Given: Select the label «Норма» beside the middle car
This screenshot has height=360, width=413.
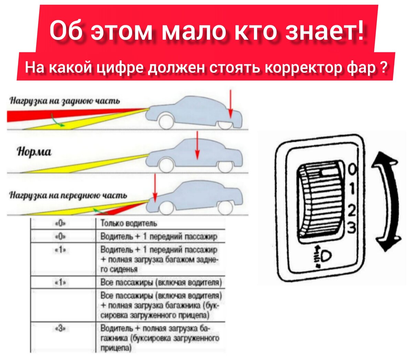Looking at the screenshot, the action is click(x=34, y=152).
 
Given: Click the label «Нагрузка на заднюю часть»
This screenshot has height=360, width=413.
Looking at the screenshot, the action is click(x=65, y=101).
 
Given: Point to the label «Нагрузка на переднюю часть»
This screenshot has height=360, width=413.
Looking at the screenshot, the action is click(x=68, y=195).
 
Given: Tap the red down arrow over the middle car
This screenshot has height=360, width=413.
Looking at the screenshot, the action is click(x=197, y=145).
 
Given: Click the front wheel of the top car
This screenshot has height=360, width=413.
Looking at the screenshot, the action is click(x=166, y=122).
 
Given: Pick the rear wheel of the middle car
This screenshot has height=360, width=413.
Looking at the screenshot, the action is click(x=225, y=165).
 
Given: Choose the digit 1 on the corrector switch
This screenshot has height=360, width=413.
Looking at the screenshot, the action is click(x=352, y=188).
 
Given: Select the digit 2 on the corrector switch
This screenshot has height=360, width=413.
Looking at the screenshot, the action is click(x=352, y=210).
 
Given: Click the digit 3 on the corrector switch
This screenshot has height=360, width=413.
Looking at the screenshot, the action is click(x=351, y=227).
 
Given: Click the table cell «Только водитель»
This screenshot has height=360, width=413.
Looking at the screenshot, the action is click(x=129, y=224).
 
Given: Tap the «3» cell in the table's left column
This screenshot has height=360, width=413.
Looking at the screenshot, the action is click(x=60, y=329).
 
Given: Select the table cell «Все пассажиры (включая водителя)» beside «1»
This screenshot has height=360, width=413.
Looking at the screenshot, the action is click(x=161, y=282).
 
